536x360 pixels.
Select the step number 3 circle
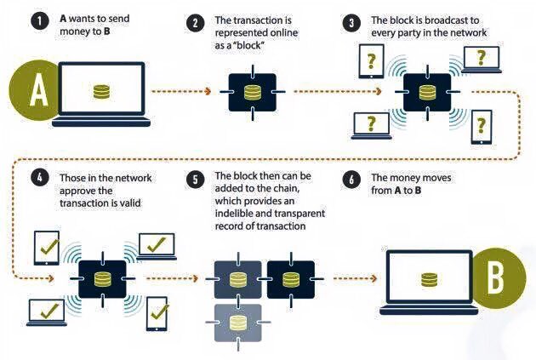pos(350,24)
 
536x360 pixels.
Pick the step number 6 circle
pos(350,178)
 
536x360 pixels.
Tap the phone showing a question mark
pos(482,126)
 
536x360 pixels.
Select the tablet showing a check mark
pos(48,248)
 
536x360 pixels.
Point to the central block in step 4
pos(103,279)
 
